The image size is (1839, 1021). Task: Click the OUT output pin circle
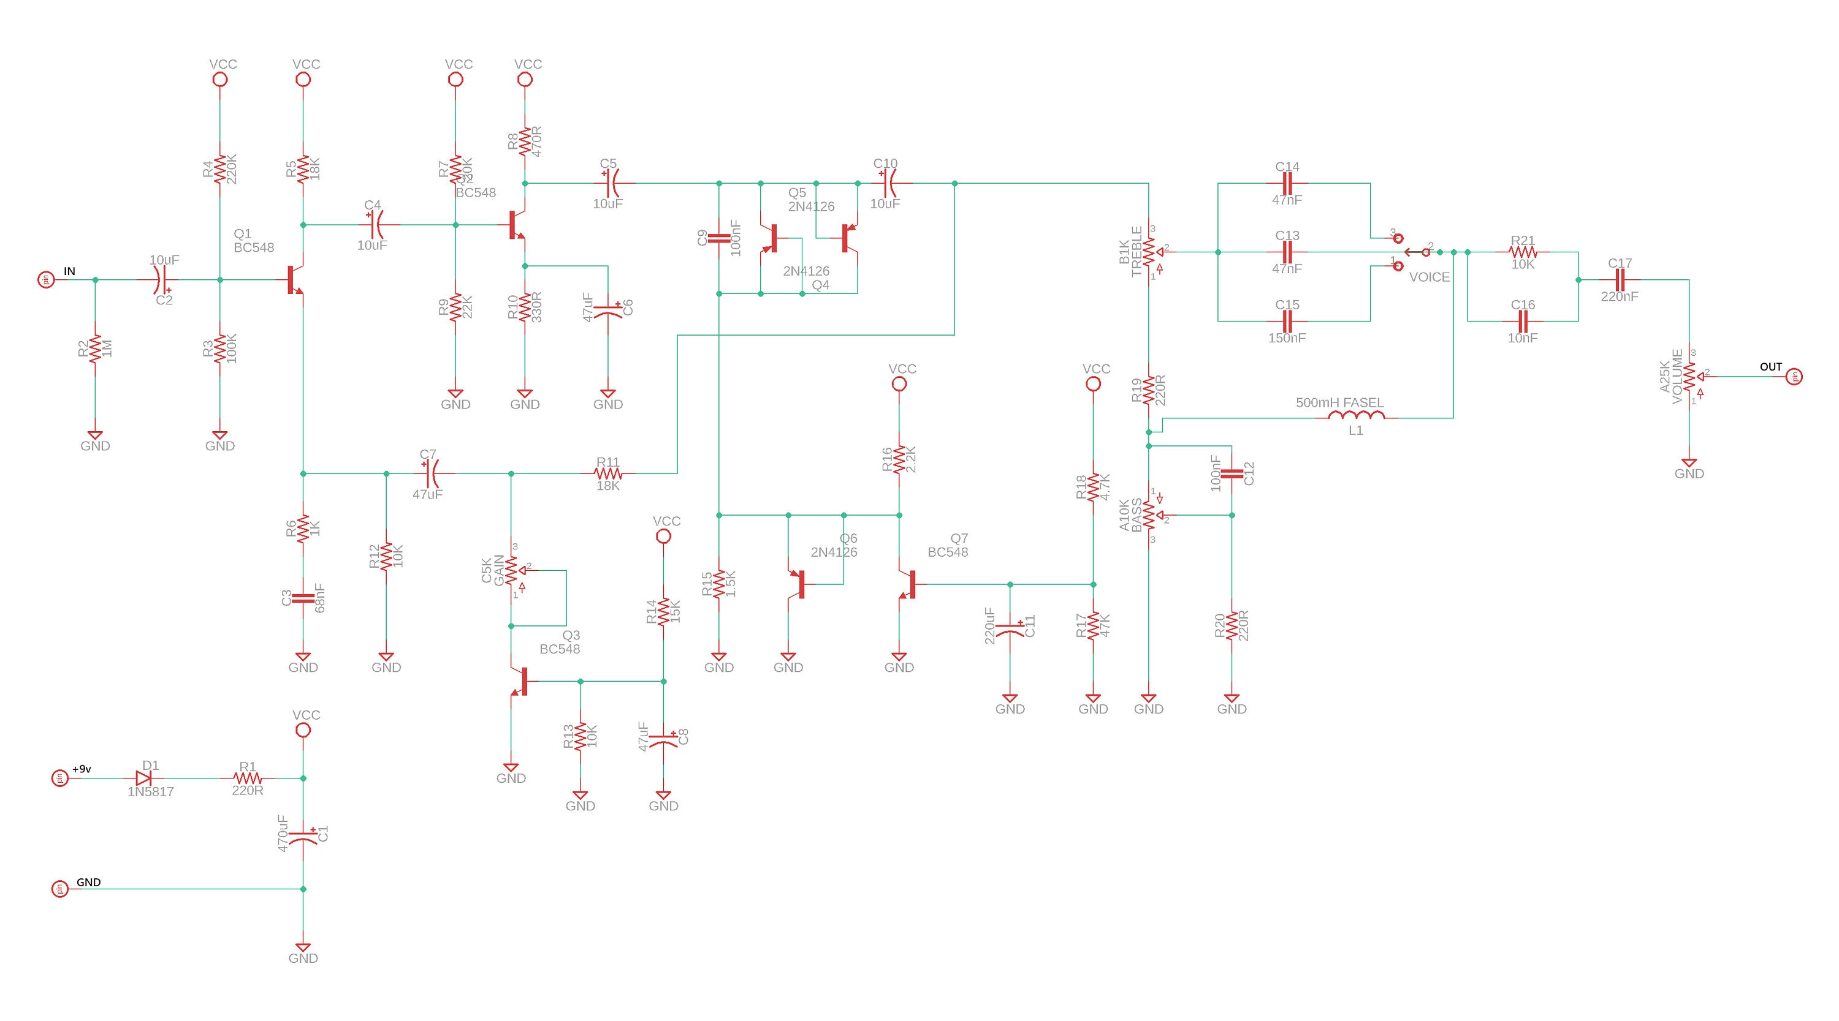pos(1795,377)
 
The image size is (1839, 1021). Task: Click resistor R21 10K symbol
pos(1522,252)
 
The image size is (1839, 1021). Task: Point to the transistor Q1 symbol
pos(294,280)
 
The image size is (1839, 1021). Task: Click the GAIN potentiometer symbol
pos(512,571)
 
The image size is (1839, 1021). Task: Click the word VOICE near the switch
pos(1430,277)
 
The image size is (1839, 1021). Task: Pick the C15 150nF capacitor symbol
pos(1287,321)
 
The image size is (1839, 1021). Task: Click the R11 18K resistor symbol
pos(607,473)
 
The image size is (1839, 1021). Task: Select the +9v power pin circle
pos(60,778)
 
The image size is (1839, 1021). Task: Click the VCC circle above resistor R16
pos(899,384)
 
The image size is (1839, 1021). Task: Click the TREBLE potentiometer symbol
pos(1149,252)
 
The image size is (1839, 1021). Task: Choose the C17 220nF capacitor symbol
pos(1620,280)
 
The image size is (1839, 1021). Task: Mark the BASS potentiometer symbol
pos(1149,514)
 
